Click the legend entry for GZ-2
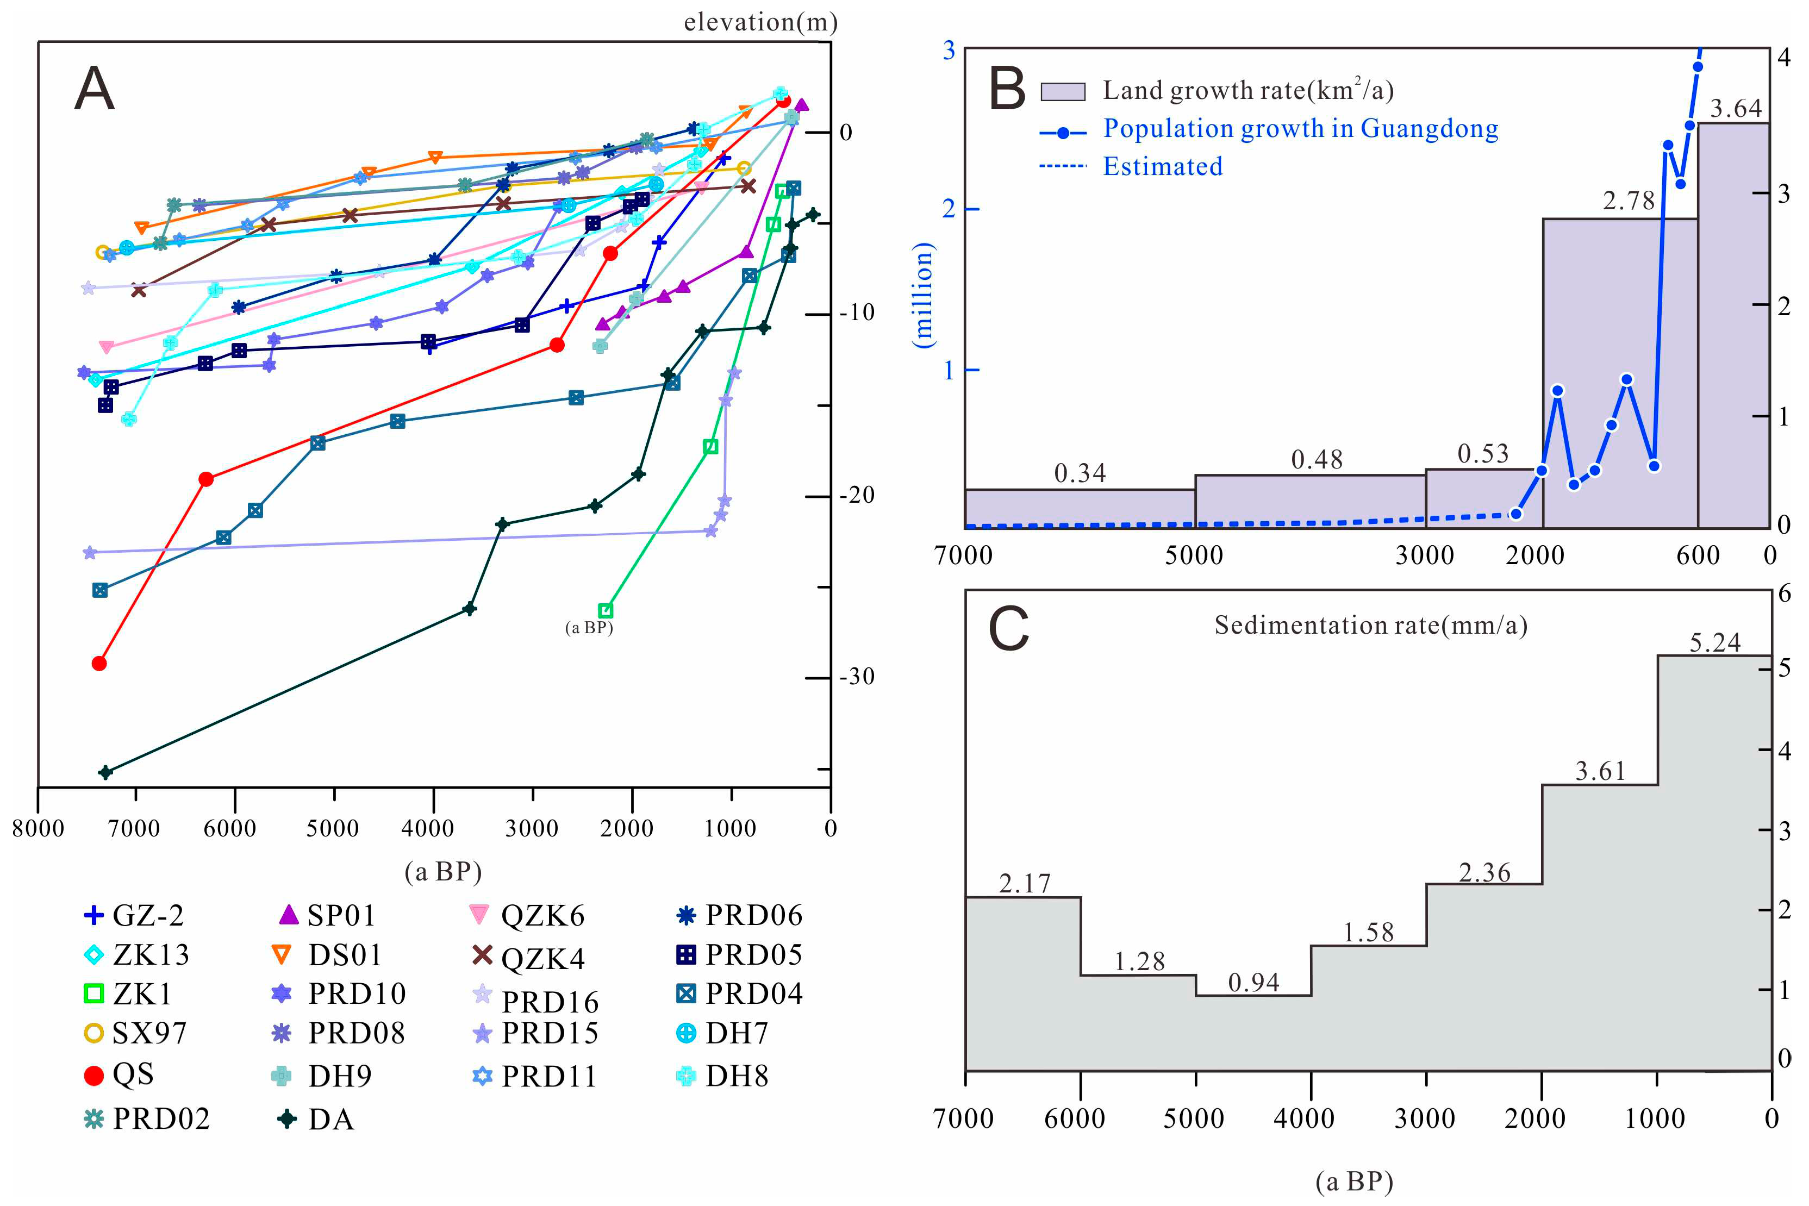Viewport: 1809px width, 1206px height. (135, 915)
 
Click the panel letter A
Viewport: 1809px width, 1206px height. (95, 89)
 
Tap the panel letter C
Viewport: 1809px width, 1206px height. (1008, 629)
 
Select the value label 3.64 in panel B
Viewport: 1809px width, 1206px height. (1735, 109)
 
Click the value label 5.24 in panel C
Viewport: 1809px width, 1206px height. (1714, 642)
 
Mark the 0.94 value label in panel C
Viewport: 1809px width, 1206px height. (1253, 982)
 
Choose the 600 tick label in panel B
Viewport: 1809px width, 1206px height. (1698, 555)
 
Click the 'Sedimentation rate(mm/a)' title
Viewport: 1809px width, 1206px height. (1370, 626)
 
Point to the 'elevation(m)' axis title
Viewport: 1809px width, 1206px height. (760, 22)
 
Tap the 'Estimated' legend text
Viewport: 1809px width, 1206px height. (1162, 166)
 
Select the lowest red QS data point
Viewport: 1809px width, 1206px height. (98, 663)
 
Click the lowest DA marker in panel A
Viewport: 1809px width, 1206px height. (105, 771)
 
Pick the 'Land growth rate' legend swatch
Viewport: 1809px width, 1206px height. (1062, 91)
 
